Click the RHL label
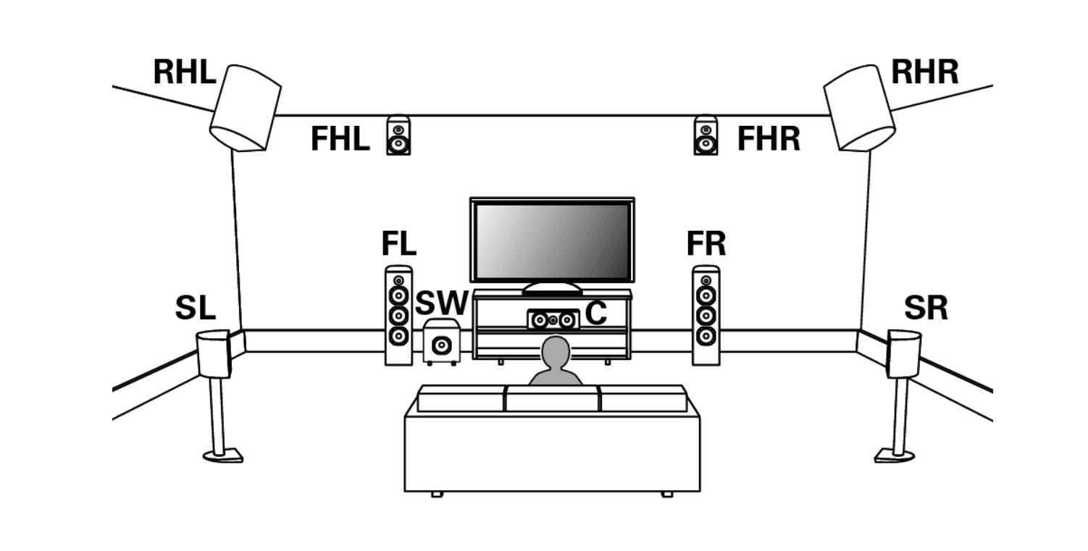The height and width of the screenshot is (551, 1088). [x=184, y=72]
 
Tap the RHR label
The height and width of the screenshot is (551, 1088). [x=924, y=72]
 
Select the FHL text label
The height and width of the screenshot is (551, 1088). [x=340, y=139]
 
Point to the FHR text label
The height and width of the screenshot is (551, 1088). [x=769, y=139]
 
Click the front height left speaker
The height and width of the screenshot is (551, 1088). [x=398, y=135]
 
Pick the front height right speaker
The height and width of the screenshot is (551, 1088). [x=706, y=135]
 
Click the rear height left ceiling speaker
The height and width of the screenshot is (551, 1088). [x=245, y=108]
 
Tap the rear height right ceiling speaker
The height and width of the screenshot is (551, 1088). [x=859, y=108]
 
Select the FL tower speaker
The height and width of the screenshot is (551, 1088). [x=398, y=315]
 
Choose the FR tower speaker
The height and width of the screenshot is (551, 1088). [x=706, y=315]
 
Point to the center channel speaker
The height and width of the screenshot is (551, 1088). [x=553, y=319]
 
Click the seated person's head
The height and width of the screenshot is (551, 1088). [x=556, y=350]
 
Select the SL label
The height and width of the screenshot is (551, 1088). [x=196, y=309]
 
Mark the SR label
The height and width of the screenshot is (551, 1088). [x=926, y=309]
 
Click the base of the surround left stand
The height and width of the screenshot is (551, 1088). [x=222, y=455]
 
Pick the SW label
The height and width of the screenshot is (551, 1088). [x=441, y=304]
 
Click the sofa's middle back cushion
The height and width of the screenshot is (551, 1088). [x=552, y=399]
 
